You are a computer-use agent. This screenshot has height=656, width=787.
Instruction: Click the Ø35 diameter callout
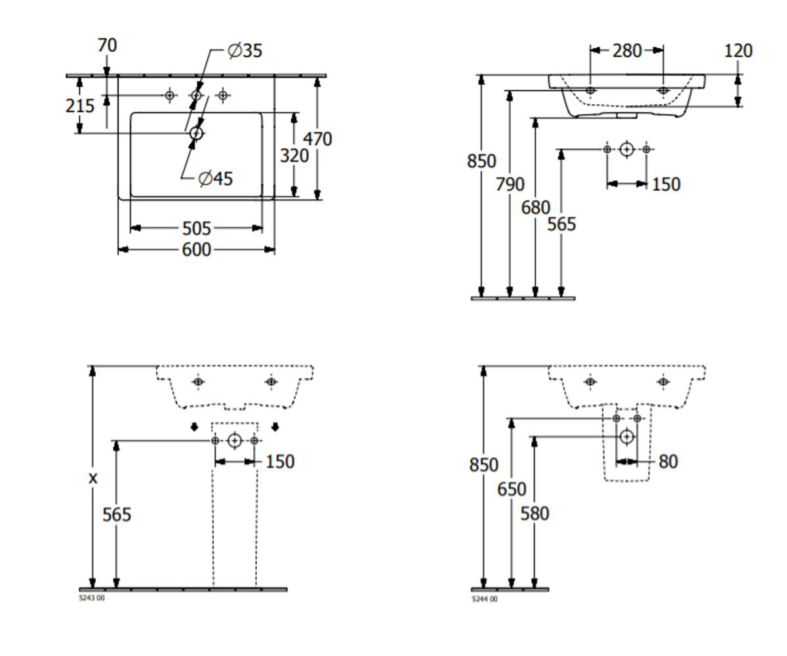point(245,51)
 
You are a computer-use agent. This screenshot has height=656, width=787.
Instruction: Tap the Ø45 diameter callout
point(216,178)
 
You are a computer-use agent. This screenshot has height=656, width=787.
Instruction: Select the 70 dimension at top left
point(108,45)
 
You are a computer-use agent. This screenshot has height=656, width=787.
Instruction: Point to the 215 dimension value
point(80,106)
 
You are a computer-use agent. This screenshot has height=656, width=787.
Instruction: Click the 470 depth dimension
point(317,139)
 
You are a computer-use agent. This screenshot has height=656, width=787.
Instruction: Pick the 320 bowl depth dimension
point(294,155)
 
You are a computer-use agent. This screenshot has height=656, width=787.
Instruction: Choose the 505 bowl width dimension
point(196,228)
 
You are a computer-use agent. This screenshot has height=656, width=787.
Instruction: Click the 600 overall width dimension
point(196,249)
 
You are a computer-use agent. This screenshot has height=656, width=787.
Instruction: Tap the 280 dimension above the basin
point(627,51)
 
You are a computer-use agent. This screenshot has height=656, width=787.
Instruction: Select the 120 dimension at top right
point(738,51)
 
